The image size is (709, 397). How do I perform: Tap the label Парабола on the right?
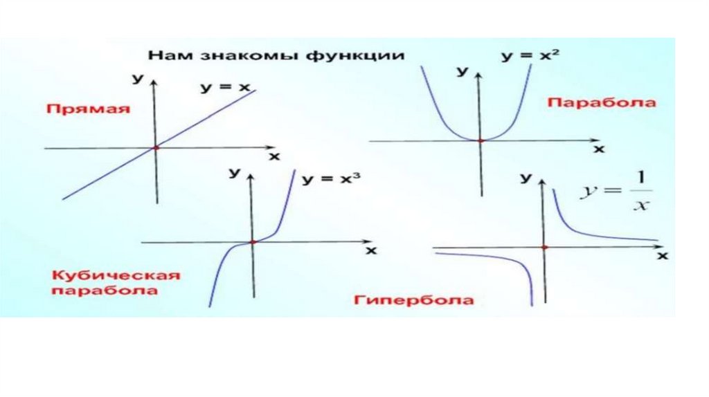[x=602, y=102]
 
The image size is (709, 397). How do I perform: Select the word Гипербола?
[x=413, y=300]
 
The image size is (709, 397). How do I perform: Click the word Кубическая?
[x=116, y=275]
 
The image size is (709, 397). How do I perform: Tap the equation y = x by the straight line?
[x=225, y=88]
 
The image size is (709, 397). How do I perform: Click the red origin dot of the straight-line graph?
[x=156, y=147]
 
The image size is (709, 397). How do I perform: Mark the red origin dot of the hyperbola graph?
[x=545, y=247]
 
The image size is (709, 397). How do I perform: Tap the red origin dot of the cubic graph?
[x=253, y=241]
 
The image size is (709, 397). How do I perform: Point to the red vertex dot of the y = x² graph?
[x=481, y=140]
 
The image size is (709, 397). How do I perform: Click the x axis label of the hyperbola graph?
[x=662, y=256]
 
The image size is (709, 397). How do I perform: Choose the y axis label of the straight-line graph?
[x=138, y=80]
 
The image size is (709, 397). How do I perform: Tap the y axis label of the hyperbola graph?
[x=526, y=179]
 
